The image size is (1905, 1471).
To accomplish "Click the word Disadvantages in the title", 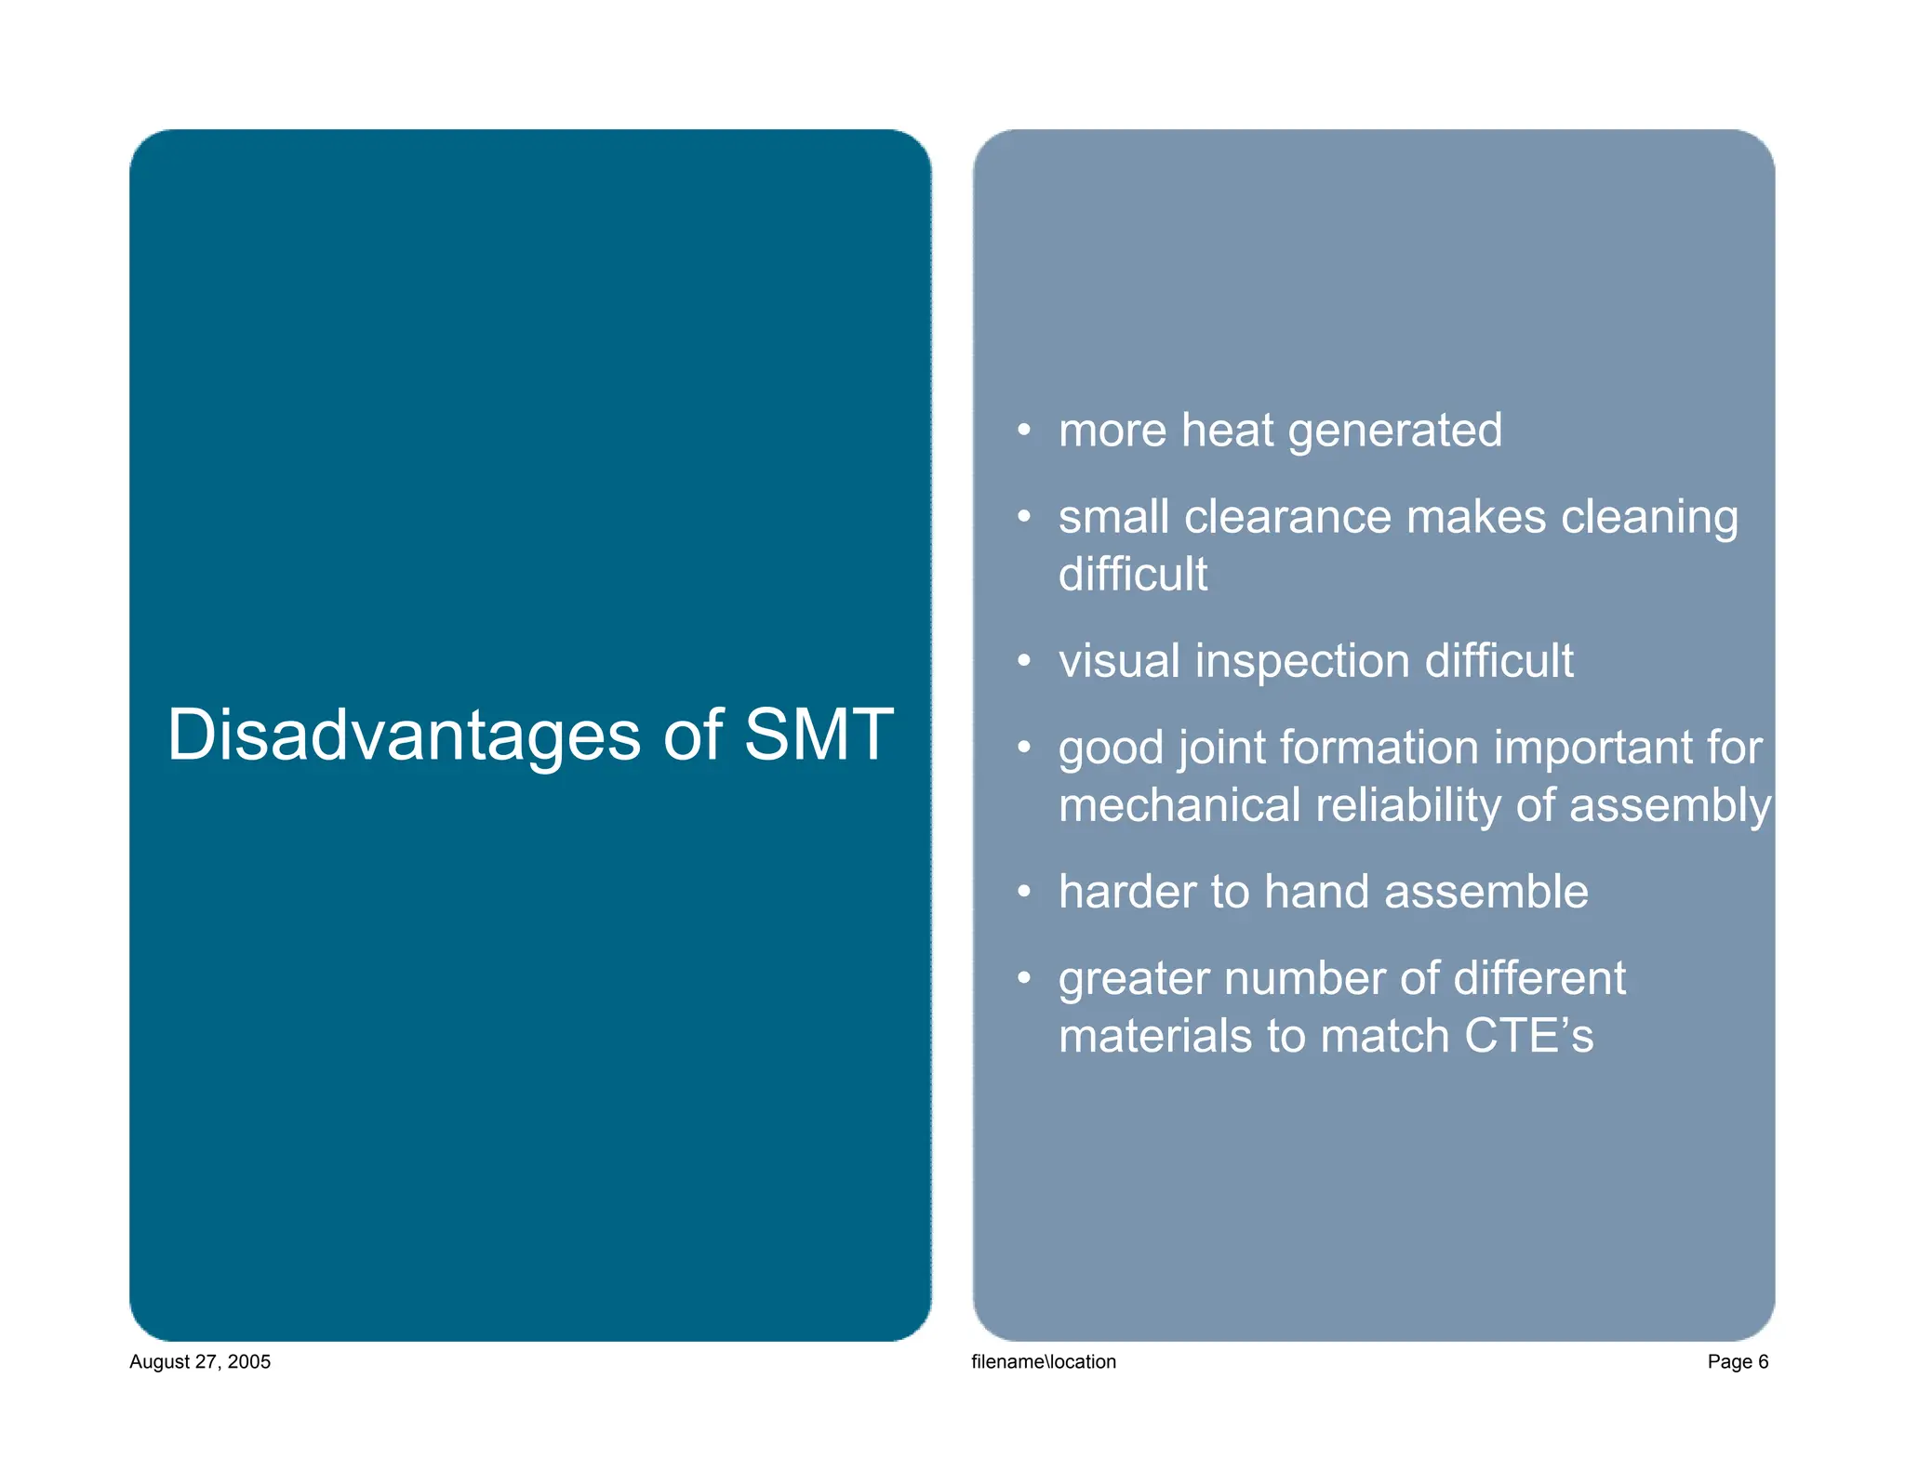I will click(x=404, y=735).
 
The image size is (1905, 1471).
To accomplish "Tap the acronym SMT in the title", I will click(x=819, y=735).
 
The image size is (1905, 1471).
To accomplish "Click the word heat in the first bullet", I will click(x=1228, y=431).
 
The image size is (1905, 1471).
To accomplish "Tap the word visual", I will click(x=1119, y=661).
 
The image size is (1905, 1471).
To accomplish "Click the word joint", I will click(x=1219, y=749).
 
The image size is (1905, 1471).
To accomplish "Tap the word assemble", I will click(x=1485, y=892).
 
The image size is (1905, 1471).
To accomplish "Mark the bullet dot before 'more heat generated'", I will click(x=1023, y=431).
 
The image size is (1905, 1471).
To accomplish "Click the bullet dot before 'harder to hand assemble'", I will click(x=1023, y=892).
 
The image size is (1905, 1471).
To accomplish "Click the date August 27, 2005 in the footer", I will click(x=200, y=1361).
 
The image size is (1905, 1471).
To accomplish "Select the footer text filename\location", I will click(x=1043, y=1361).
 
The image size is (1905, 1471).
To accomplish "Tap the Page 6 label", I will click(x=1737, y=1361).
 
